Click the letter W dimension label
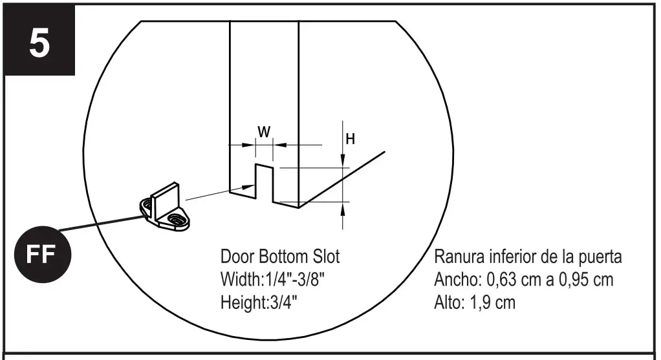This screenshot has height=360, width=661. point(265,132)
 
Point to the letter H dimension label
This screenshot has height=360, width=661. point(350,138)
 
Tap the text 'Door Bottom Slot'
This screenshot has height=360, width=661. point(280,257)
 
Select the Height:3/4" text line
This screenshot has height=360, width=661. point(259,302)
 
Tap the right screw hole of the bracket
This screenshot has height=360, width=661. point(175,221)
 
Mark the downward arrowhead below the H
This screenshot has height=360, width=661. point(342,162)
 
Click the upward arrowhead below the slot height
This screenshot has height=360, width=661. point(342,207)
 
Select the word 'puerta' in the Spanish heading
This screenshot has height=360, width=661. point(601,257)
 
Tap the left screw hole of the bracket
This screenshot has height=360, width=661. point(146,207)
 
